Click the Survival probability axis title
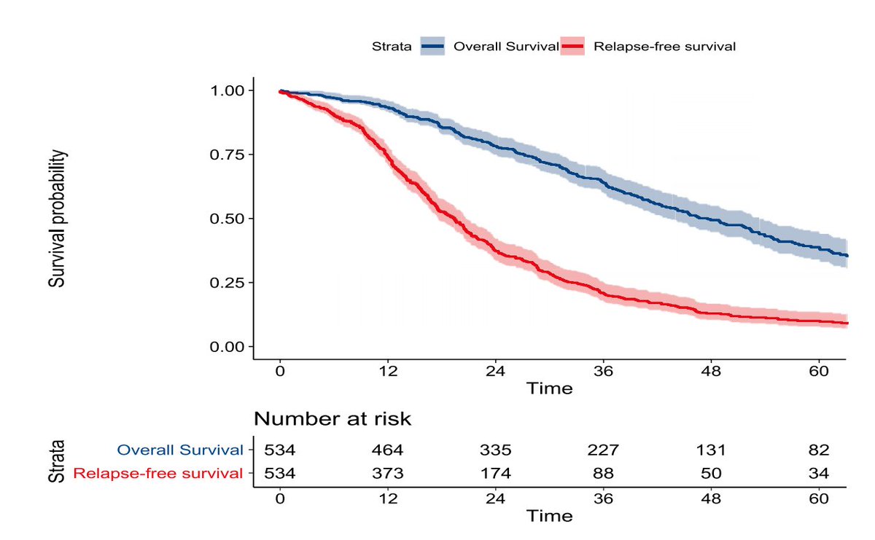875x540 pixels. coord(58,219)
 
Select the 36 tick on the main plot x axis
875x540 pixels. coord(604,371)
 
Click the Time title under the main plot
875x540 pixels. coord(551,388)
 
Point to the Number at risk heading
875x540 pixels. coord(332,419)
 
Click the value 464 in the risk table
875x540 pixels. coord(388,450)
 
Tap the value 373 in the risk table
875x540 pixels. coord(388,474)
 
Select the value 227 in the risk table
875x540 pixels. coord(604,450)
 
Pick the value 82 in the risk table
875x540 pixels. coord(820,450)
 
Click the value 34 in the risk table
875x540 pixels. coord(820,474)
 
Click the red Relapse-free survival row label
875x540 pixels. coord(158,474)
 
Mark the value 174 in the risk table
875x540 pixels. coord(496,474)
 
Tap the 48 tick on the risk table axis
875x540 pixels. coord(712,499)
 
